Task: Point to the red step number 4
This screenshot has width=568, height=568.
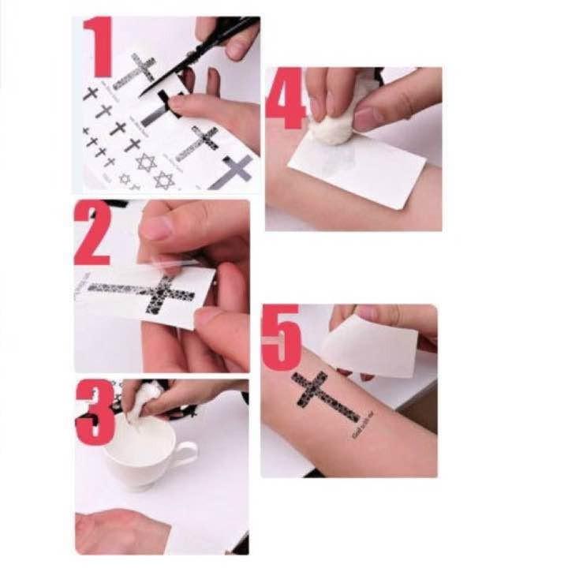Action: (285, 99)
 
